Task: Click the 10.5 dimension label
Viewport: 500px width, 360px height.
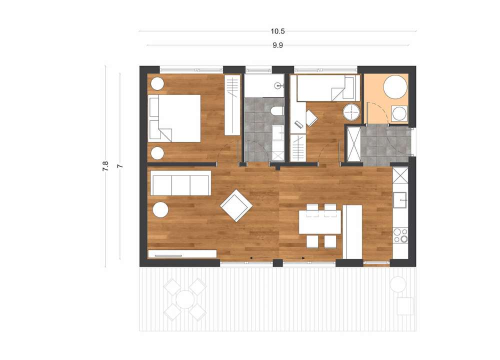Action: coord(277,31)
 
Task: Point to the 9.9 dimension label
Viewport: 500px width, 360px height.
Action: coord(277,45)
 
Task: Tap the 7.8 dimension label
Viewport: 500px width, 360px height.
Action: coord(105,166)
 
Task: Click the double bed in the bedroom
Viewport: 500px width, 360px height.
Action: coord(174,118)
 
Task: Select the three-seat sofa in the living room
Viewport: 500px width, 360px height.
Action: coord(181,182)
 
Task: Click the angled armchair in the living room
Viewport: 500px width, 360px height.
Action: coord(236,205)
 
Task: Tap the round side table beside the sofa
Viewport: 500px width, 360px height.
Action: coord(160,210)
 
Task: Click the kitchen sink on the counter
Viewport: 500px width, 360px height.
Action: coord(400,200)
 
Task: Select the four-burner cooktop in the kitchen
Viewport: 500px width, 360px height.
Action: coord(400,235)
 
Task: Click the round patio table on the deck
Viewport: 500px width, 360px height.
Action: coord(185,299)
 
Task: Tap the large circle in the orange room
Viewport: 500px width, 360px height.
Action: coord(395,86)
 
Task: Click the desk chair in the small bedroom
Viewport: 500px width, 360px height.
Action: coord(311,117)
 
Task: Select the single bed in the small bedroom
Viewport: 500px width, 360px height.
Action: coord(328,87)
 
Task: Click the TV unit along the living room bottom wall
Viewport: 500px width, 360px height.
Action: coord(182,254)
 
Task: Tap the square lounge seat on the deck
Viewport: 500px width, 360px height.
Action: coord(404,306)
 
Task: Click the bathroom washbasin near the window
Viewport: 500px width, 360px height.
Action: coord(278,85)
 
